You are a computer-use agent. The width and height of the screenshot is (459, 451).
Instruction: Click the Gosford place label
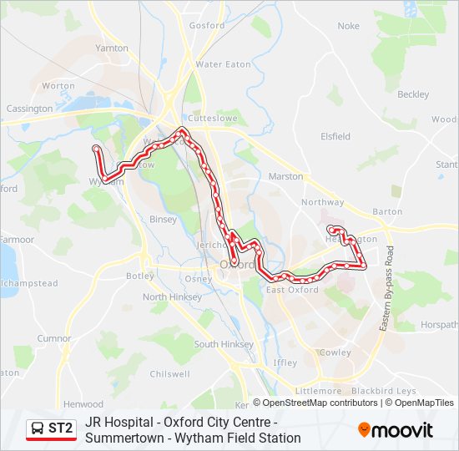tap(207, 26)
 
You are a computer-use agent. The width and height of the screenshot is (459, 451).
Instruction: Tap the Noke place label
tap(348, 26)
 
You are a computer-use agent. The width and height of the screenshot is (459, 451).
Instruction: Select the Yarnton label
tap(112, 48)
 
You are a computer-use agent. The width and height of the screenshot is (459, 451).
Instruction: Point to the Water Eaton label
tap(224, 64)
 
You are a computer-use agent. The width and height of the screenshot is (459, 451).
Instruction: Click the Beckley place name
tap(412, 94)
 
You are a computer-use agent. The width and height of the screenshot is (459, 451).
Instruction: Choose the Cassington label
tap(29, 109)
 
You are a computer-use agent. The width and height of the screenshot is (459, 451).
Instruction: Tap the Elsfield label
tap(335, 136)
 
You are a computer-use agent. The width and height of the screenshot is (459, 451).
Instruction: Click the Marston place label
tap(285, 176)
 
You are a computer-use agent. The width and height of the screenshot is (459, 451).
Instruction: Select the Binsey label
tap(163, 220)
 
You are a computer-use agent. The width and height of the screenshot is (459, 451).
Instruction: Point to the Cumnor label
tap(54, 338)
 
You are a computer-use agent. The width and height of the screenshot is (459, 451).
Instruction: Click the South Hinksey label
tap(218, 344)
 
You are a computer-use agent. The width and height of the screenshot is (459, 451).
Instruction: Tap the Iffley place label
tap(285, 363)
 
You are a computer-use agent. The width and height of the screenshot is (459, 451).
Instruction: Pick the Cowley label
tap(335, 352)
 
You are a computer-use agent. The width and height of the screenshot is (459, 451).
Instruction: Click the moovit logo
tap(396, 430)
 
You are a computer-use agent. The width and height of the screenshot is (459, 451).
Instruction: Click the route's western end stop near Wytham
tap(97, 149)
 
